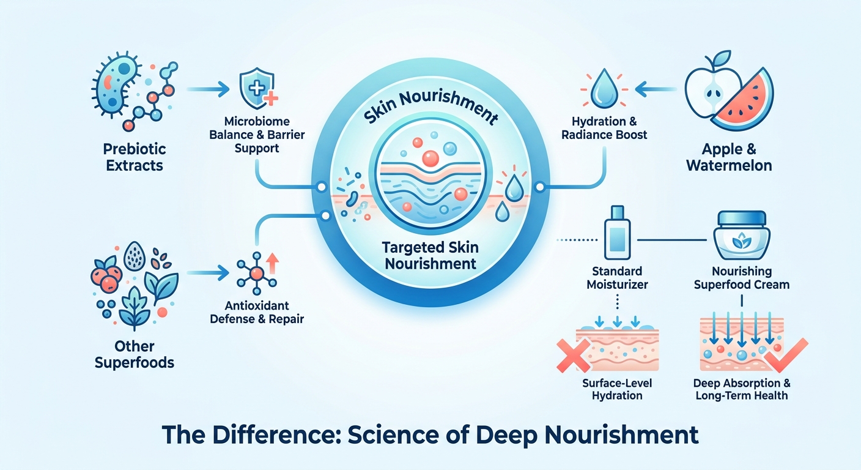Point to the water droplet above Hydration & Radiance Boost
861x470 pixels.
(x=604, y=89)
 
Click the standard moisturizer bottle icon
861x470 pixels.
(x=617, y=233)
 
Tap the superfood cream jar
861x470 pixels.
(x=742, y=235)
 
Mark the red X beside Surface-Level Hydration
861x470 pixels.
(x=573, y=356)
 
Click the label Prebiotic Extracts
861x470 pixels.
(x=135, y=157)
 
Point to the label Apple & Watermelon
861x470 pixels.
(x=729, y=157)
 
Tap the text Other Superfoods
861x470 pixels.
(x=135, y=354)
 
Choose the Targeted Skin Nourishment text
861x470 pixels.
(x=430, y=256)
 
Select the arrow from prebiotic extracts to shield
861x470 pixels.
(x=208, y=89)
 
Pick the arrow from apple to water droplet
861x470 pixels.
(x=656, y=89)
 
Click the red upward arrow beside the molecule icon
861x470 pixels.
(x=272, y=263)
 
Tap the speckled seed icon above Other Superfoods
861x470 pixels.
(x=135, y=256)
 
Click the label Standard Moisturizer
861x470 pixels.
(x=617, y=278)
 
